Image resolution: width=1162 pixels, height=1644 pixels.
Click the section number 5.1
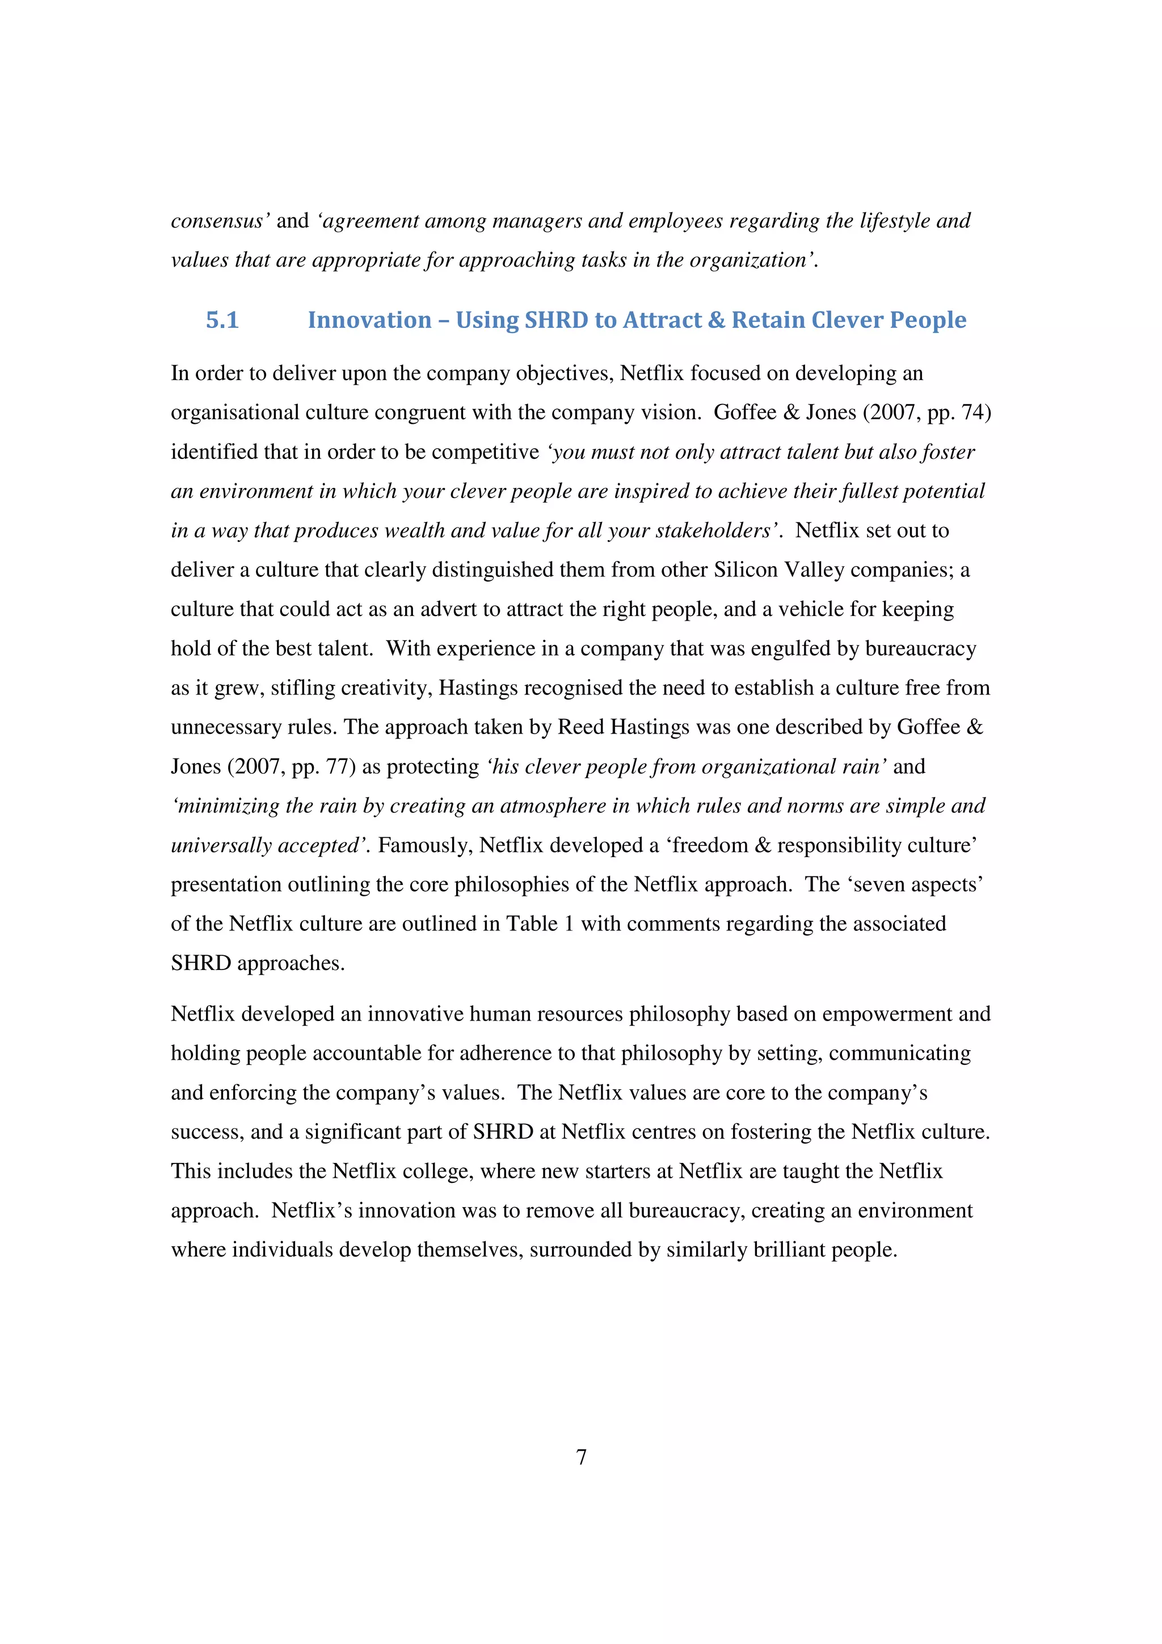click(222, 320)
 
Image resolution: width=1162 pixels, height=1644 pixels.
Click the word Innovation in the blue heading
click(369, 320)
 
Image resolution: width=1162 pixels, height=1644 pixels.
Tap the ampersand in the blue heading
click(716, 320)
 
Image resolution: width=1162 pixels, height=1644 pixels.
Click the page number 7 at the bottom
click(582, 1457)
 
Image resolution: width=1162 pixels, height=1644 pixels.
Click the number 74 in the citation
click(970, 413)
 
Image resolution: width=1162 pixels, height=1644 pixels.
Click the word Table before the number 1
click(532, 924)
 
